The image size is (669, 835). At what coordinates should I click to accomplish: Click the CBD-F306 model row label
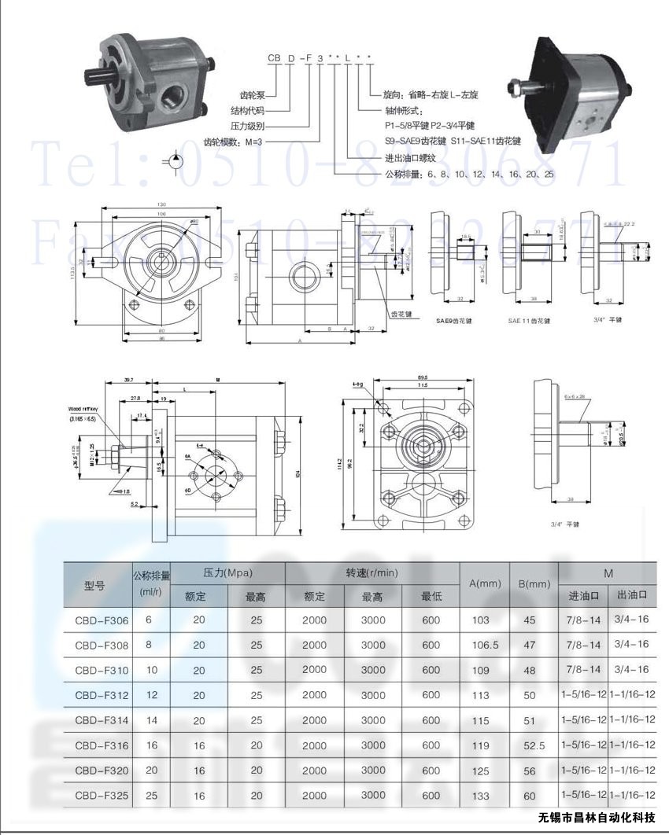102,620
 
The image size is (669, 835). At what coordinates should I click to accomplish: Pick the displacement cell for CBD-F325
151,796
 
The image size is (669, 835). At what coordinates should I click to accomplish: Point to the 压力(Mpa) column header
227,573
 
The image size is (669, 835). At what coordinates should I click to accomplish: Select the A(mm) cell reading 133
480,796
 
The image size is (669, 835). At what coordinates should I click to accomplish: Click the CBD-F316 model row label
102,745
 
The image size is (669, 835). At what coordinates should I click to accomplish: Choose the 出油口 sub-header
632,595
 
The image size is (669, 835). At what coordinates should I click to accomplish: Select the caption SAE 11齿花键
529,321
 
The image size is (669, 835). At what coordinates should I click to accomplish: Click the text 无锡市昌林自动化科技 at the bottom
597,818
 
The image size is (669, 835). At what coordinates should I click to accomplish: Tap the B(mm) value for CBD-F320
529,771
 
